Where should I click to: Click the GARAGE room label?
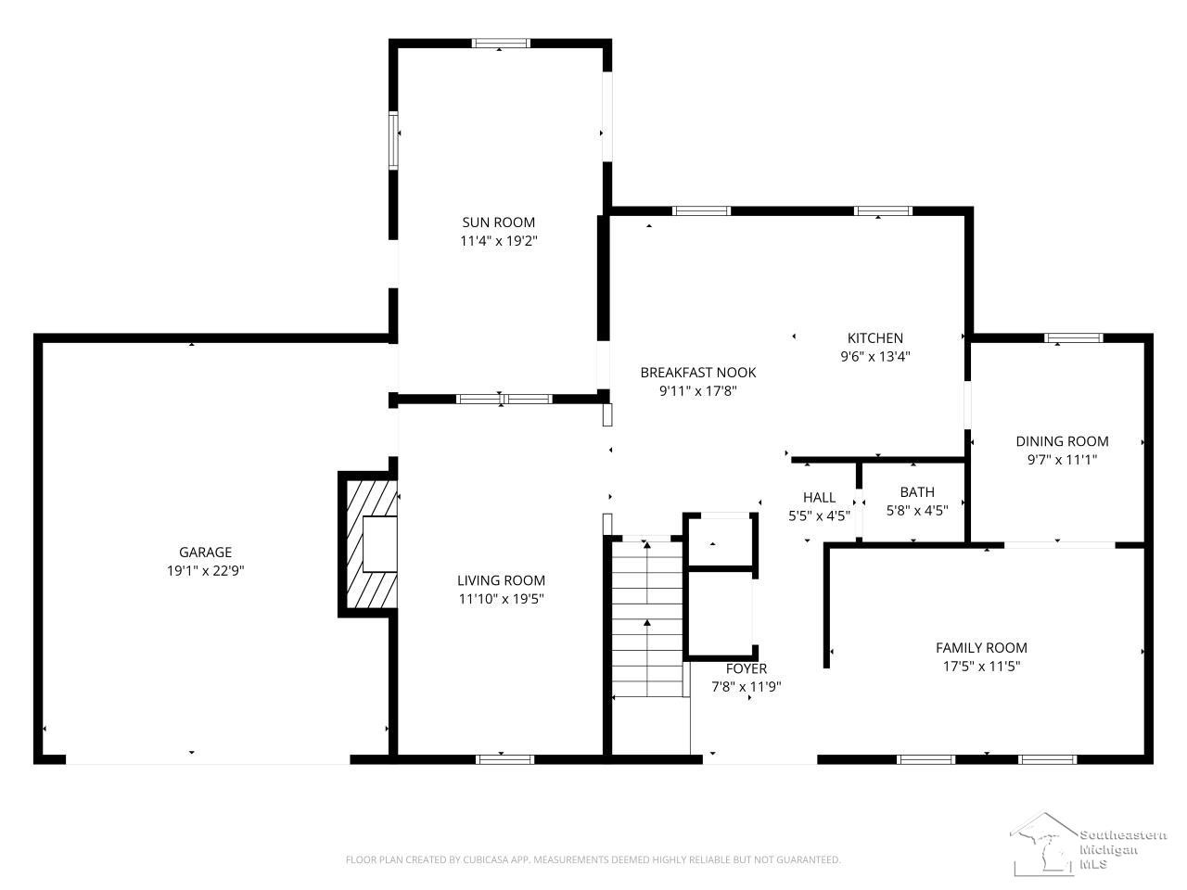[205, 552]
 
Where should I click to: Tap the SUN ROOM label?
[498, 222]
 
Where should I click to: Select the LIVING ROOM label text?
[501, 580]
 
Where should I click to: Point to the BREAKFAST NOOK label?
[697, 373]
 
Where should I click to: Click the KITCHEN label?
[875, 338]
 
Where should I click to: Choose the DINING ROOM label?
[1062, 441]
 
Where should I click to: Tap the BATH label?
[917, 492]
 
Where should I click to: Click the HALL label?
[819, 498]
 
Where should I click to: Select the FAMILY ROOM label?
[981, 648]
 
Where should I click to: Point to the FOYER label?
[747, 669]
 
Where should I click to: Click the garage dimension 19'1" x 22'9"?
[206, 571]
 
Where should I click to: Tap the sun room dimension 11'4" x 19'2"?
[498, 241]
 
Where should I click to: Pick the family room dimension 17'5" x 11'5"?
[981, 667]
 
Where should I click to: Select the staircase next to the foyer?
[647, 619]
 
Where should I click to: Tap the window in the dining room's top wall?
[1073, 338]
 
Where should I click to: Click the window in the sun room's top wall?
[500, 44]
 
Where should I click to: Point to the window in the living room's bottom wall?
[504, 759]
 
